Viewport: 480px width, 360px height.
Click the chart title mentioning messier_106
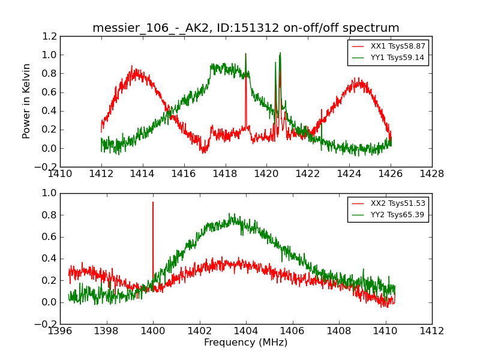[245, 28]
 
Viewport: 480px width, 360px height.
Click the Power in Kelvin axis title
[26, 101]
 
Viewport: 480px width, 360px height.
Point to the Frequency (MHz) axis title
[245, 343]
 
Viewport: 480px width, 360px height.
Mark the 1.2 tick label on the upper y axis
[50, 36]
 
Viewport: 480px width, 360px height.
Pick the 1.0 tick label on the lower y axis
[50, 193]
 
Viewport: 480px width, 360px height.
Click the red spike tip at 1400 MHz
[153, 202]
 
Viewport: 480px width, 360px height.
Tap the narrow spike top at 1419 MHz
[245, 54]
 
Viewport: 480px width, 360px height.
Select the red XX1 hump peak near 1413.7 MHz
[133, 68]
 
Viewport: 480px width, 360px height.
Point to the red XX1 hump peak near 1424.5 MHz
[358, 78]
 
